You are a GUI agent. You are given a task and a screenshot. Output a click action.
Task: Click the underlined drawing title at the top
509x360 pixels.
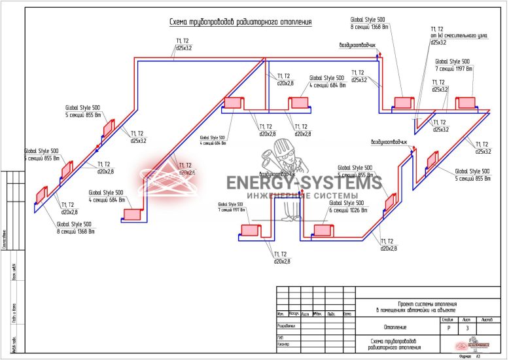coord(240,22)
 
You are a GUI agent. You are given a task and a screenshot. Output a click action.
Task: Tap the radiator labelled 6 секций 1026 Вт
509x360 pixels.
coord(323,230)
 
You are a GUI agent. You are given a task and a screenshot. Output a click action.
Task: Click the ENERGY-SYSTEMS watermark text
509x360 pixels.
coord(304,183)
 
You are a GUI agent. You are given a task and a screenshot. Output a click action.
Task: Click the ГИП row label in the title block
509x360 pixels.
coord(281,338)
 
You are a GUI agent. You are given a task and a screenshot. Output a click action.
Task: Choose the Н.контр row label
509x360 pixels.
coord(283,344)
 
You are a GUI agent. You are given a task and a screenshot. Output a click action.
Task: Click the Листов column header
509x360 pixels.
coord(487,319)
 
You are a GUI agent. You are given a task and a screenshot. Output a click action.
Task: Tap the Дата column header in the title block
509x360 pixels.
coord(347,314)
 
